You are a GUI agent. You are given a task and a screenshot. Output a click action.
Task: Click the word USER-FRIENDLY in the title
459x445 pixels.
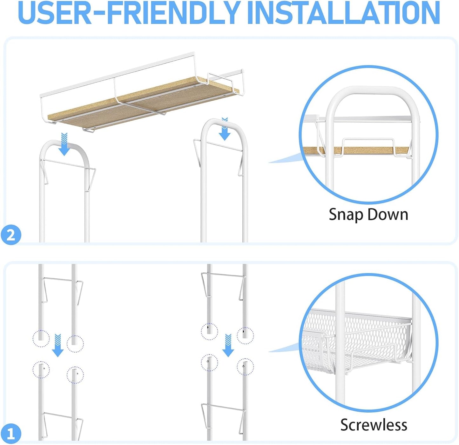tap(131, 13)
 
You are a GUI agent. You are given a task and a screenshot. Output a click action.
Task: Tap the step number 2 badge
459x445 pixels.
tap(11, 235)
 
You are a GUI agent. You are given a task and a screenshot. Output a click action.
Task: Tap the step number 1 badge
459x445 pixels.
tap(11, 433)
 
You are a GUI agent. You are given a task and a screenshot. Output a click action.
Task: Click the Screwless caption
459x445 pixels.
tap(374, 425)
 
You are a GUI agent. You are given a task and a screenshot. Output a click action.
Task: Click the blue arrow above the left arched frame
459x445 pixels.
tap(64, 144)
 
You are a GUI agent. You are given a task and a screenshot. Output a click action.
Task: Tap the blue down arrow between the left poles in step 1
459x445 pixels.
tap(58, 345)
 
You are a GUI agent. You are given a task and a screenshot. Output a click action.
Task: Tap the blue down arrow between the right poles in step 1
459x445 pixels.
tap(228, 345)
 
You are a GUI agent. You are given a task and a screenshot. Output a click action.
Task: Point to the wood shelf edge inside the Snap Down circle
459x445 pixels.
tap(356, 150)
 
